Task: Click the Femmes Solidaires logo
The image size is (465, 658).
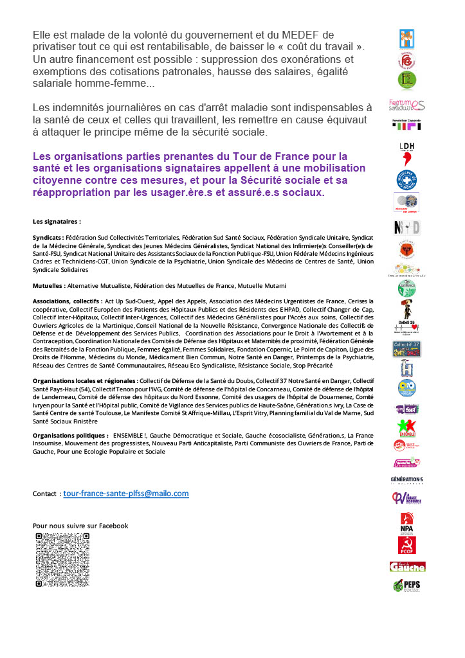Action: pyautogui.click(x=406, y=104)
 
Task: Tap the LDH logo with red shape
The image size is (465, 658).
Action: pyautogui.click(x=406, y=154)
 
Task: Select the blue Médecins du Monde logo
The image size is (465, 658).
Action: pyautogui.click(x=406, y=180)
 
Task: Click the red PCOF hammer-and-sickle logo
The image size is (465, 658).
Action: pyautogui.click(x=406, y=546)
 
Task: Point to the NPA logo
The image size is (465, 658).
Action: pyautogui.click(x=406, y=522)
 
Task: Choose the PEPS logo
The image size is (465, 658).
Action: pyautogui.click(x=406, y=585)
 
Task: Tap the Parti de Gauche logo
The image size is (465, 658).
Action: pyautogui.click(x=406, y=566)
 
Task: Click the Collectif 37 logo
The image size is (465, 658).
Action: pyautogui.click(x=406, y=349)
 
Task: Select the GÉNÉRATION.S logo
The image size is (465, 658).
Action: pyautogui.click(x=406, y=479)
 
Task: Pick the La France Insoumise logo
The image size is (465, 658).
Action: pyautogui.click(x=406, y=499)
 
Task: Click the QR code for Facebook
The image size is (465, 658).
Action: pyautogui.click(x=62, y=559)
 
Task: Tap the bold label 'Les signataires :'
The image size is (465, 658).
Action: pyautogui.click(x=57, y=221)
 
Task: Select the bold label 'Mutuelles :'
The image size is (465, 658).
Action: pyautogui.click(x=49, y=285)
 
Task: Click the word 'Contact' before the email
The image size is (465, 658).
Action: pyautogui.click(x=45, y=494)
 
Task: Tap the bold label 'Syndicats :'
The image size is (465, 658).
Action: pyautogui.click(x=48, y=238)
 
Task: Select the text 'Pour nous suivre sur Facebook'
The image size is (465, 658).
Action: pyautogui.click(x=80, y=526)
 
